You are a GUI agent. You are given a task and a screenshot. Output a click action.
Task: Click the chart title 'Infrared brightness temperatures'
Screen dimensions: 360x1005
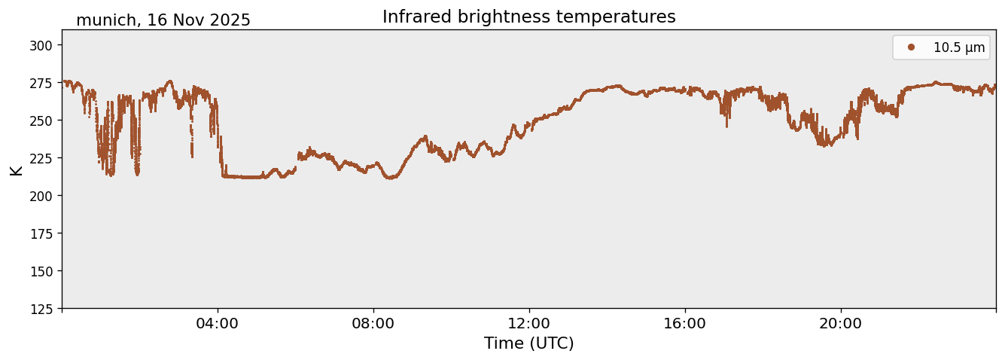click(x=528, y=17)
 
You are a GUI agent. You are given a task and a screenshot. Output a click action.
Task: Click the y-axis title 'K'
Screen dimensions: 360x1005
click(x=17, y=169)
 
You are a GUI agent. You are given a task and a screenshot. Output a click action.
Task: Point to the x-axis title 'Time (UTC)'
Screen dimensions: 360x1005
click(x=528, y=343)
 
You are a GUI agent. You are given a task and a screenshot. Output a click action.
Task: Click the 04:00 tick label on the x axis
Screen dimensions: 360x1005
click(x=218, y=324)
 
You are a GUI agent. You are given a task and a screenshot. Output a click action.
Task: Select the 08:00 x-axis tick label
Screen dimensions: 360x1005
click(x=373, y=324)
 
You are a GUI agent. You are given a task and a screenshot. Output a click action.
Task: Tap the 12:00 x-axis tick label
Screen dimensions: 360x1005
click(x=529, y=324)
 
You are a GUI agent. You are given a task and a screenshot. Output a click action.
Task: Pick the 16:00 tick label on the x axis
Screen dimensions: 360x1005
click(x=685, y=324)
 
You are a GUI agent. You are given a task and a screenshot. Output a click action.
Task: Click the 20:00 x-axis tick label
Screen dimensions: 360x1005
click(x=841, y=324)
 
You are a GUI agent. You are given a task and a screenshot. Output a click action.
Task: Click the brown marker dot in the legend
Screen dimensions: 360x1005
click(x=911, y=47)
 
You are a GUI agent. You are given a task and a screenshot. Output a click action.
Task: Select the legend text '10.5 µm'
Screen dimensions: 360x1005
click(x=958, y=47)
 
